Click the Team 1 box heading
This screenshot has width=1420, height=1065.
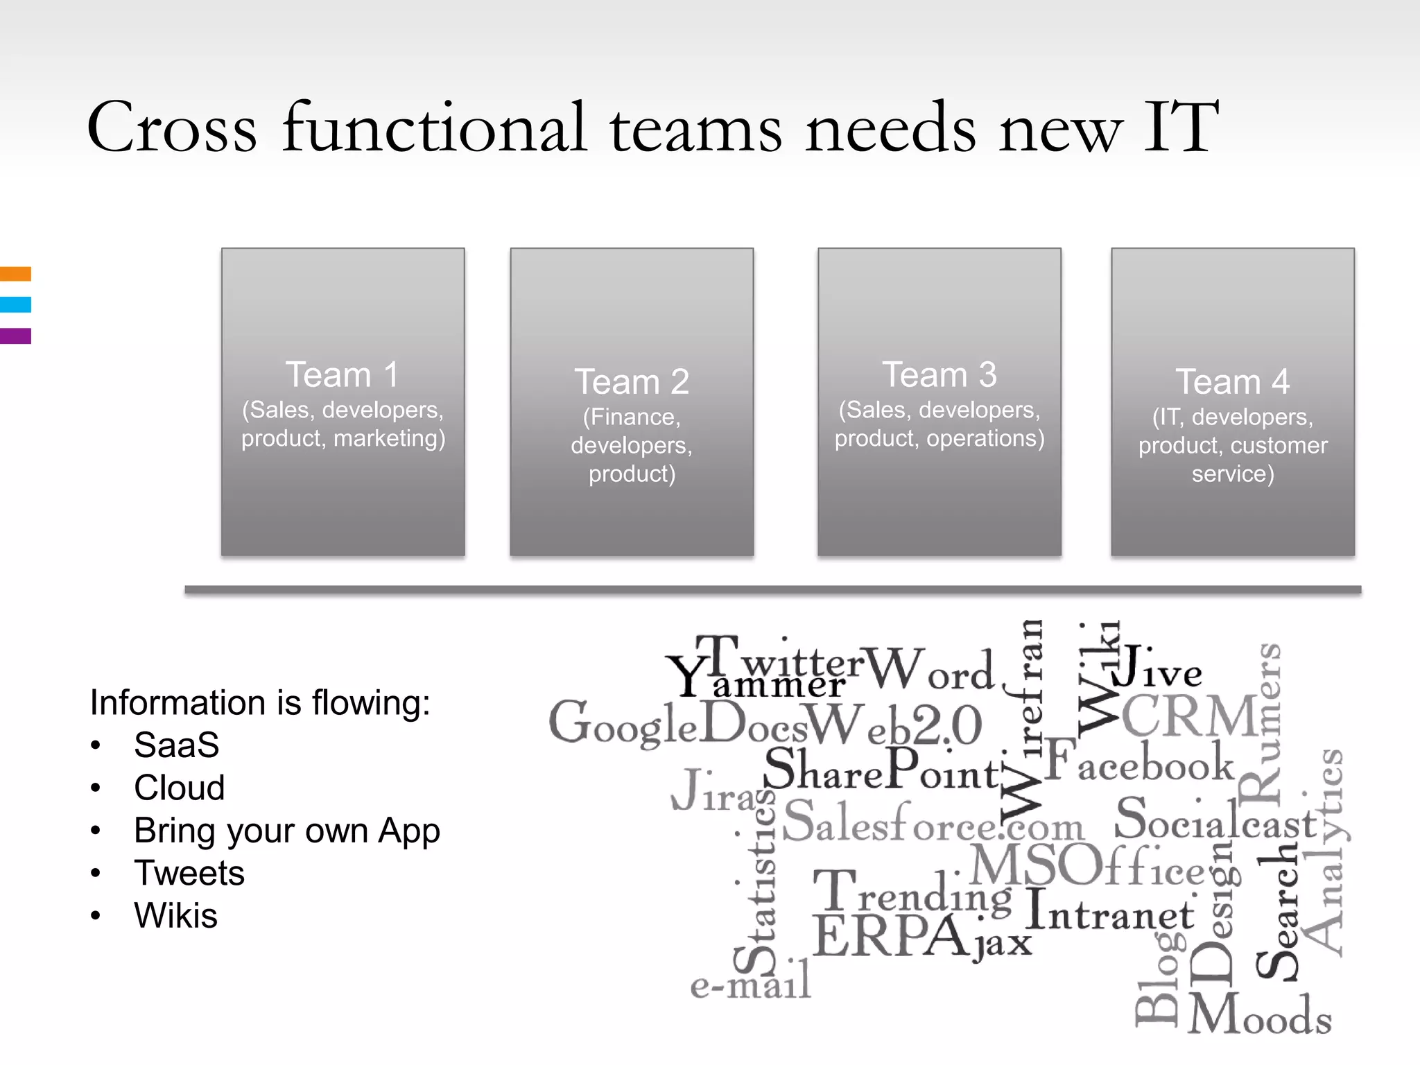[343, 375]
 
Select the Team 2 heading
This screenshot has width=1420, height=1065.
[632, 382]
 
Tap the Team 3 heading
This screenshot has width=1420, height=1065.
[939, 375]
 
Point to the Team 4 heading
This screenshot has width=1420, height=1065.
[1232, 382]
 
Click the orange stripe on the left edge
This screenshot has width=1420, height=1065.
[15, 274]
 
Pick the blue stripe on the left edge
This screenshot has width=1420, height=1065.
[15, 304]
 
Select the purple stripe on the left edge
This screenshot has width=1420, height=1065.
[15, 336]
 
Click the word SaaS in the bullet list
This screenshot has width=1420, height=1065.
[176, 745]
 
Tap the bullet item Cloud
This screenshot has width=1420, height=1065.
[179, 788]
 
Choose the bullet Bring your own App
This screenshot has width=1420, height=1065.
[286, 831]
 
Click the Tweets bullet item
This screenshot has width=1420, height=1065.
[189, 873]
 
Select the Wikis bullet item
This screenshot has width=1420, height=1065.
[175, 915]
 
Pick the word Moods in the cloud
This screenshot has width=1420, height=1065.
[1259, 1015]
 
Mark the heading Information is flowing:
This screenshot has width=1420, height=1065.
[260, 702]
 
